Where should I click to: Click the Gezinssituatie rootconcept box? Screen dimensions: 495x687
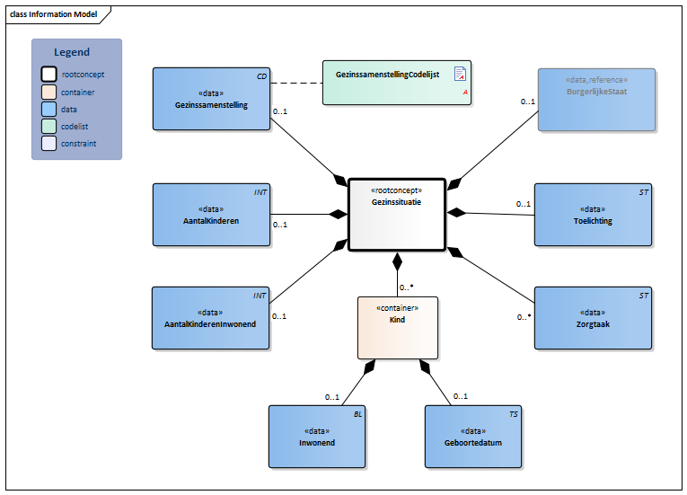point(396,214)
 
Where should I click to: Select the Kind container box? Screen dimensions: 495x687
point(398,327)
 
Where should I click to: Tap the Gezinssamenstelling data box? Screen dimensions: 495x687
point(211,99)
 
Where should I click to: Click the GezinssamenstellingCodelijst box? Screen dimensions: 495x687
point(398,82)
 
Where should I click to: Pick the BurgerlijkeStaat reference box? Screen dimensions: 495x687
point(596,100)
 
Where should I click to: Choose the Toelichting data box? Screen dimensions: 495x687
point(593,215)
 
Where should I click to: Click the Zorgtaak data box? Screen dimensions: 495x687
point(593,318)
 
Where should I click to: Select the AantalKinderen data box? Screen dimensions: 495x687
point(211,215)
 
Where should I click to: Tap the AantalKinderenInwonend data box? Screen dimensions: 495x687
point(210,318)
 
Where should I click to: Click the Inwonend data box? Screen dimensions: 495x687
point(316,437)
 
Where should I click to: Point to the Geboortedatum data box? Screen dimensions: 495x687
point(473,437)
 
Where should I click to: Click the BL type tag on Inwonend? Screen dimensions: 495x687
point(357,414)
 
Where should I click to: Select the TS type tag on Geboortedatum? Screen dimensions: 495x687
point(513,414)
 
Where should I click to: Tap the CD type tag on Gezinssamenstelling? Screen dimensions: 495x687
point(261,76)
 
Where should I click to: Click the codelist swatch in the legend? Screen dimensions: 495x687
point(49,127)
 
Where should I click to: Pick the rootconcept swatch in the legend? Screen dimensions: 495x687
point(49,75)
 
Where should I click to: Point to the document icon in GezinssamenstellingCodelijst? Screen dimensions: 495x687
point(460,74)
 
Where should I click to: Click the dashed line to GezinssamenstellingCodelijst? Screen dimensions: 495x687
point(296,83)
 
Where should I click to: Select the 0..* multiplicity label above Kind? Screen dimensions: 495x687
point(406,287)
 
